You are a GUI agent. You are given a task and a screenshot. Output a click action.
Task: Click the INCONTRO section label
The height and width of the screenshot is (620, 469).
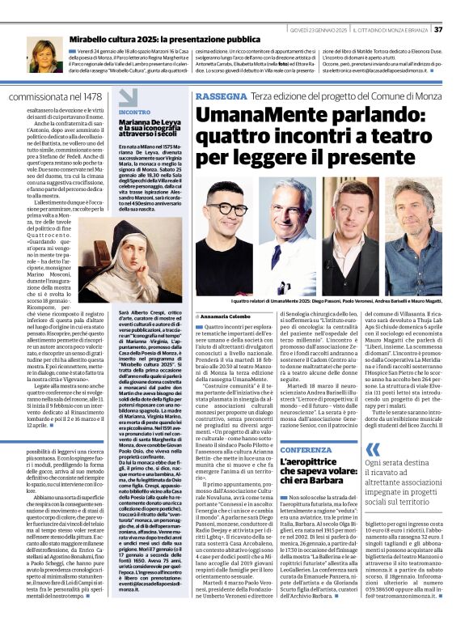134,113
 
